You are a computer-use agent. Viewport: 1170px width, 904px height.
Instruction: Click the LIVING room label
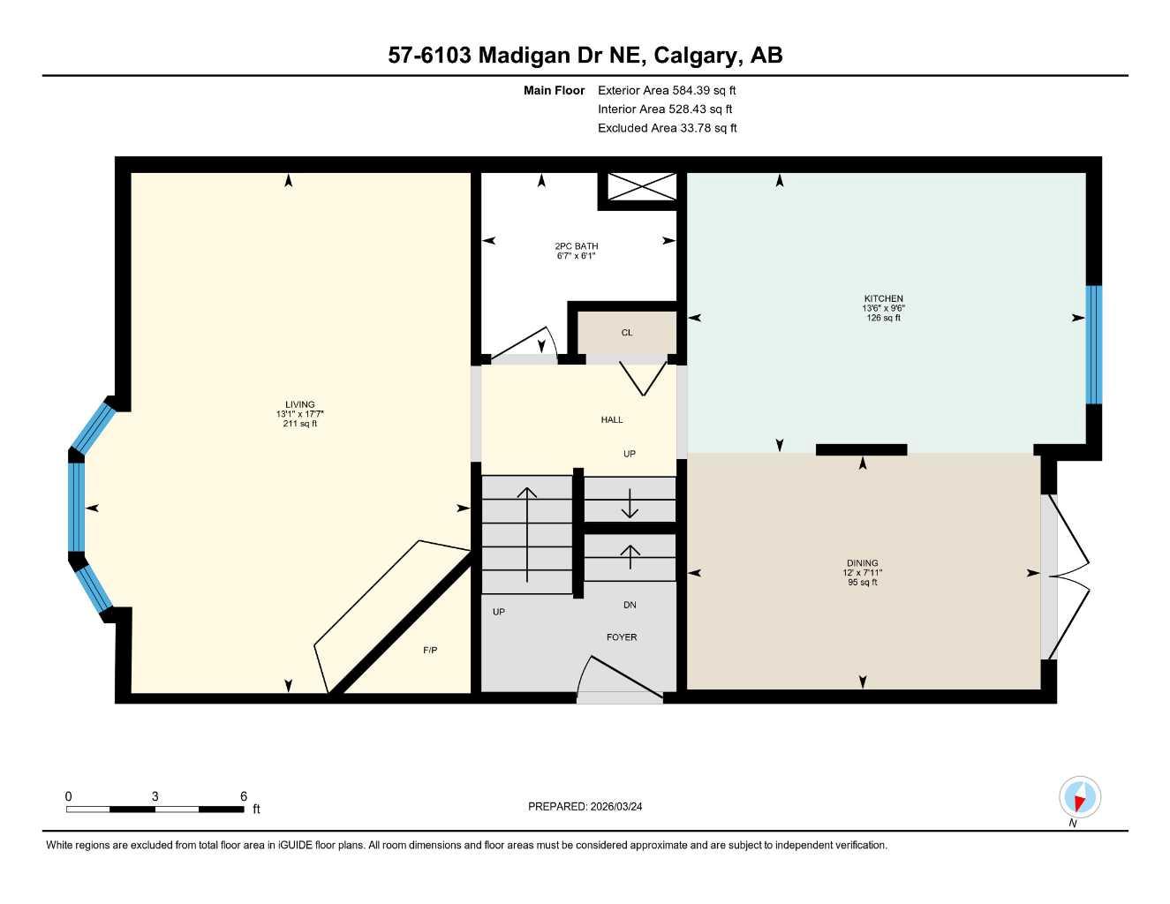pos(300,405)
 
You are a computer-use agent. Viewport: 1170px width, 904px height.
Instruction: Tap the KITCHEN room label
pos(883,298)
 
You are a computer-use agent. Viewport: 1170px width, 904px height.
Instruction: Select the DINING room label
pos(862,563)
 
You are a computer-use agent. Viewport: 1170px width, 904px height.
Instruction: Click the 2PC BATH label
pos(576,246)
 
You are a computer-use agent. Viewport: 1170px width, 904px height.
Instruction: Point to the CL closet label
pos(627,333)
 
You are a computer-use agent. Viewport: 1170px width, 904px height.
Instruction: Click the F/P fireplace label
pos(430,651)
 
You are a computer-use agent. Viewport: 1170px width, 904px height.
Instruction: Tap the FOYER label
pos(622,637)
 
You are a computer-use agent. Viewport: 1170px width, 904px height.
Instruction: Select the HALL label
pos(612,420)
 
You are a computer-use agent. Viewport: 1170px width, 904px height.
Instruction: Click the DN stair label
pos(630,606)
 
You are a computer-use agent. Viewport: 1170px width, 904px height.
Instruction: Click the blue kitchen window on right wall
pos(1094,344)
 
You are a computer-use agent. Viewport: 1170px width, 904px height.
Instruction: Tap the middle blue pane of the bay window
pos(77,508)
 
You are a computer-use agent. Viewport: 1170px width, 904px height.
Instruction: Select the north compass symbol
pos(1080,798)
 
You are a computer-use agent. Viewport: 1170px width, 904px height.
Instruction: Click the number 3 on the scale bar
pos(155,796)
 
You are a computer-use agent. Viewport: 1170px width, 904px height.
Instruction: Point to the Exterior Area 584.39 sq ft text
pos(667,90)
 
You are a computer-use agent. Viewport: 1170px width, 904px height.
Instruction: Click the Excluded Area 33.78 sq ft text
pos(667,128)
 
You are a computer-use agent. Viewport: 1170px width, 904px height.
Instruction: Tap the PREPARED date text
pos(585,807)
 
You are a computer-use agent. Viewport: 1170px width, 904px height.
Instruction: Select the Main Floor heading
pos(554,90)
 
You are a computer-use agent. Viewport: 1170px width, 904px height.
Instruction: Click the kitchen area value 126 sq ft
pos(883,318)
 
